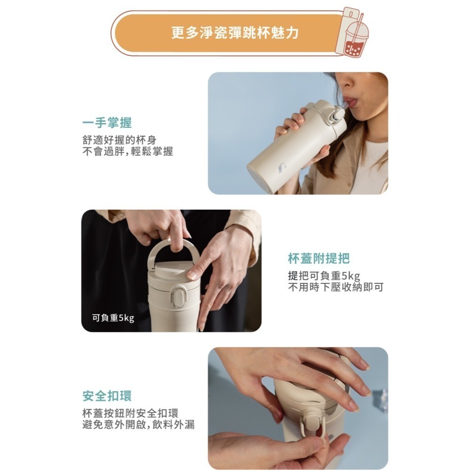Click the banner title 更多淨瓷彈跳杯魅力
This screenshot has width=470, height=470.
[235, 33]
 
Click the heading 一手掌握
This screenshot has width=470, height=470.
[107, 123]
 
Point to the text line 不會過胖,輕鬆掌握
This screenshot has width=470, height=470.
[127, 151]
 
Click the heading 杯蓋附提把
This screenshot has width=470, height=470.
[319, 258]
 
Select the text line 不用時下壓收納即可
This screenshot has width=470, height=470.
[335, 287]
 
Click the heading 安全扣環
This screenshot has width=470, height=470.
[107, 396]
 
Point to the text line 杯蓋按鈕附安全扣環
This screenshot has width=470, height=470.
[130, 413]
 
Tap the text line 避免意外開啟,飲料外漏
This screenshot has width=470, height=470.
[138, 425]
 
